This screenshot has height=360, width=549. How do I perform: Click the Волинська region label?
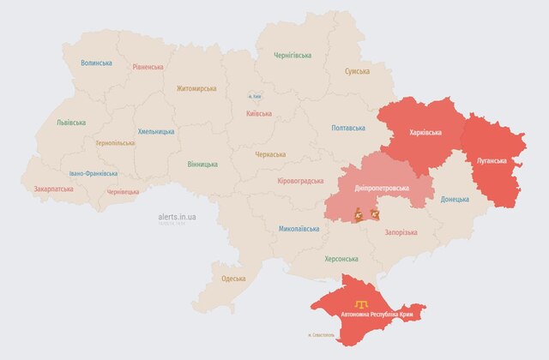[96, 63]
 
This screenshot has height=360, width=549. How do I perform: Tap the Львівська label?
[70, 123]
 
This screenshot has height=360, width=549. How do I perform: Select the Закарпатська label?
[53, 189]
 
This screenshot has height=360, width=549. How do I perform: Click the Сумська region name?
[357, 71]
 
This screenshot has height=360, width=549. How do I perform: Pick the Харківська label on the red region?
[426, 133]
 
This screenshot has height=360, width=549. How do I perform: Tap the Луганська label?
[491, 160]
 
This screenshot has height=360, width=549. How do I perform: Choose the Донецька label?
[455, 199]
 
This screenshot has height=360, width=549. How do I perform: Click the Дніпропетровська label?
[382, 188]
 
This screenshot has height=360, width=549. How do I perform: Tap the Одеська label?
[233, 279]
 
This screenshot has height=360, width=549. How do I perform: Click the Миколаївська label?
[299, 229]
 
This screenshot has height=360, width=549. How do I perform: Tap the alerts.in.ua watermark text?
[178, 217]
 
